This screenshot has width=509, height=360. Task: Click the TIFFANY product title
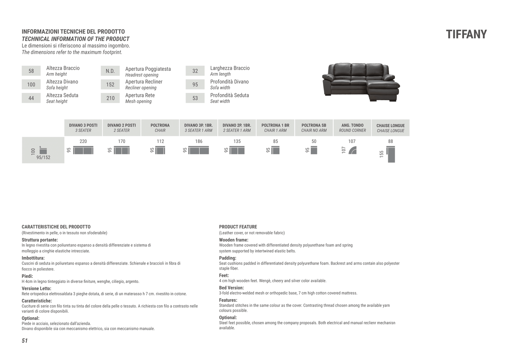466,35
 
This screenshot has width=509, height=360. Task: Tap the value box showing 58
31,71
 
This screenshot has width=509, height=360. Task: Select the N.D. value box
110,71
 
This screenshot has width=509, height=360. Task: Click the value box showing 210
110,98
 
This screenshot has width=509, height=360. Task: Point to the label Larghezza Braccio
230,68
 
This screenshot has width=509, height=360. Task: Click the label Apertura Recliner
144,82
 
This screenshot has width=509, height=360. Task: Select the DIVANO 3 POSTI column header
83,128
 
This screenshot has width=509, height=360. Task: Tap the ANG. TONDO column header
352,128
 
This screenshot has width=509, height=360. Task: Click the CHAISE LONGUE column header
390,128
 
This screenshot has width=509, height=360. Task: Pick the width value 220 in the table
83,141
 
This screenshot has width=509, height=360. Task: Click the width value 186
199,141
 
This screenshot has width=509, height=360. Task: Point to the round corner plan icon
353,151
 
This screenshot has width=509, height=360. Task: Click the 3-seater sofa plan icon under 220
83,151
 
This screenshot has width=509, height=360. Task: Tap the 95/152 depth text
43,157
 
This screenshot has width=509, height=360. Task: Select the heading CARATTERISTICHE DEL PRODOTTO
56,227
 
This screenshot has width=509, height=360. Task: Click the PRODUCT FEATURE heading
238,227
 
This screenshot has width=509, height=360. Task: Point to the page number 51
25,341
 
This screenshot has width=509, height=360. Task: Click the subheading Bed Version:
231,288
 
